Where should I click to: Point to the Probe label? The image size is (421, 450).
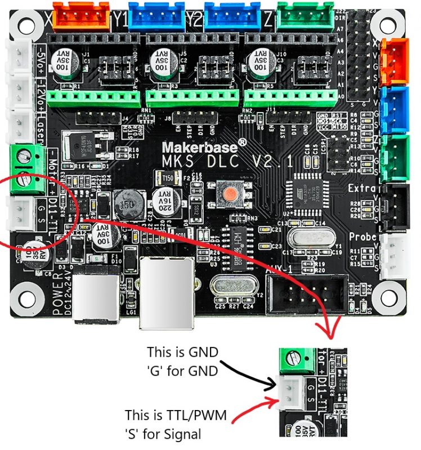pos(362,237)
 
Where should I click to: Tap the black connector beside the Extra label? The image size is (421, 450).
pos(393,206)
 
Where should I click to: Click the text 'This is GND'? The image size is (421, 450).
pos(182,352)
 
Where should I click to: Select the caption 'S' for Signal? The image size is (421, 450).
pos(163,434)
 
